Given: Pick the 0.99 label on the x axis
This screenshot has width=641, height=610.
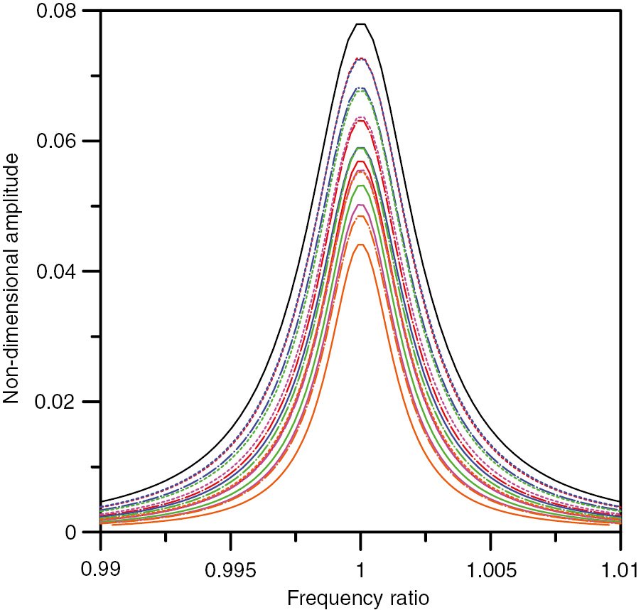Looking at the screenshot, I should click(100, 569).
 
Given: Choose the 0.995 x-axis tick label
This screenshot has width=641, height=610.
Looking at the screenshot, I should click(230, 569).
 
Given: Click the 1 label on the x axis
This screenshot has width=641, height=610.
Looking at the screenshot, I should click(361, 569).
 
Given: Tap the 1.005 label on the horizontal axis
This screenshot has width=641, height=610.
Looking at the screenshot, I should click(490, 569).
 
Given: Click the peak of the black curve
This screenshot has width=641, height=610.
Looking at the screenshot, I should click(361, 24).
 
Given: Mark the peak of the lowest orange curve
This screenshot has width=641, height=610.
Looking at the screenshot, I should click(361, 245).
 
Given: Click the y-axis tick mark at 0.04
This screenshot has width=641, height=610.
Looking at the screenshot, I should click(104, 272).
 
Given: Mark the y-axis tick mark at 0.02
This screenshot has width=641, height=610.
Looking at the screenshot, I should click(104, 402).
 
